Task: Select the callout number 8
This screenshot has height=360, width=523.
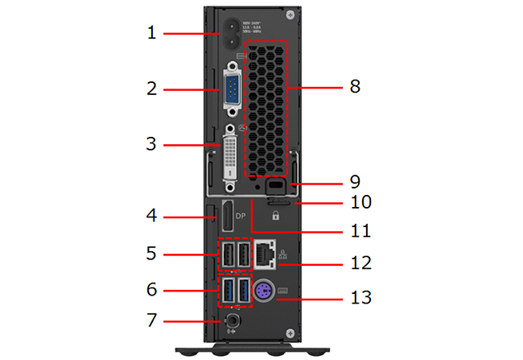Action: tap(355, 86)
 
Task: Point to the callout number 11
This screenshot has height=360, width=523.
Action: tap(361, 231)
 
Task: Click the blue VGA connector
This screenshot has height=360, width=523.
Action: tap(231, 88)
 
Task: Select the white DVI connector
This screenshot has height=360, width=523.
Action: tap(231, 157)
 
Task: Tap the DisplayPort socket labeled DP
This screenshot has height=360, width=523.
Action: tap(229, 217)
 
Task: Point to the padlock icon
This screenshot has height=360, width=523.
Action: tap(276, 216)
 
